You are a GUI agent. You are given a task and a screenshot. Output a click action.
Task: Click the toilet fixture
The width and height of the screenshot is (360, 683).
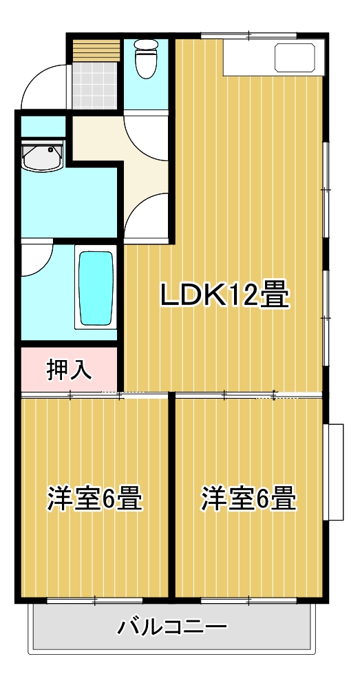(x=146, y=59)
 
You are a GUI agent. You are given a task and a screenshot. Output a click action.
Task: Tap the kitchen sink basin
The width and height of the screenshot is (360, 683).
(x=295, y=58)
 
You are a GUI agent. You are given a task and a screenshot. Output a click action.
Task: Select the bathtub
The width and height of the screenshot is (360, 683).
(x=96, y=287)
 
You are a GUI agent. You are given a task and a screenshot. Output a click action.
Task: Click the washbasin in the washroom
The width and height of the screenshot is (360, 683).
(x=42, y=156)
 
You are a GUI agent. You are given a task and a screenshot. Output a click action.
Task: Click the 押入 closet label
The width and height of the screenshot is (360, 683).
(x=70, y=369)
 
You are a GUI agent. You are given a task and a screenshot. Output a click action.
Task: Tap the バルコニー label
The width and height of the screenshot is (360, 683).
(x=172, y=627)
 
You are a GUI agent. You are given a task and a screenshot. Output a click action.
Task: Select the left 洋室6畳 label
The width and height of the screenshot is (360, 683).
(x=95, y=498)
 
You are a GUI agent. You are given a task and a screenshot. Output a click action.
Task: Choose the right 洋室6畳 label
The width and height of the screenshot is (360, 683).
(x=248, y=498)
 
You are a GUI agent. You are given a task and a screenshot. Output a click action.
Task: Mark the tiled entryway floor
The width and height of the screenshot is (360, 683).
(x=94, y=85)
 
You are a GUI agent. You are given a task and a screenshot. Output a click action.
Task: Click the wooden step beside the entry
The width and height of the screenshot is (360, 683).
(x=96, y=50)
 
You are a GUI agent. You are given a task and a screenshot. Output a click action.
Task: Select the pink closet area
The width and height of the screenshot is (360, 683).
(x=70, y=369)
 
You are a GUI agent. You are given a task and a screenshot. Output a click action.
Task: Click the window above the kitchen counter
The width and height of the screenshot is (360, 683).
(x=248, y=35)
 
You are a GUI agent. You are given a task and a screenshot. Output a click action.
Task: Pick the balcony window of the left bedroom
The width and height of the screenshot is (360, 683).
(x=95, y=600)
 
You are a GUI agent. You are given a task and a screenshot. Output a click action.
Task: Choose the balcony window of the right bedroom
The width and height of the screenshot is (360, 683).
(x=248, y=600)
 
